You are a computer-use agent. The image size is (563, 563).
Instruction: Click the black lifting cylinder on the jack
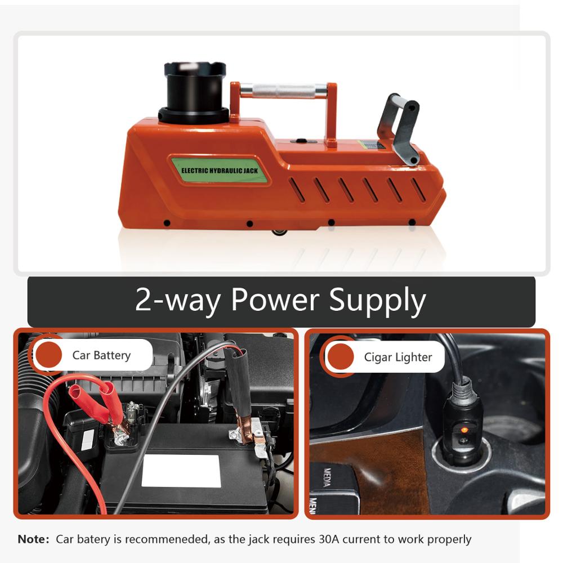tap(194, 93)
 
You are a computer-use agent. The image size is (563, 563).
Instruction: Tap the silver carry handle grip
tap(283, 91)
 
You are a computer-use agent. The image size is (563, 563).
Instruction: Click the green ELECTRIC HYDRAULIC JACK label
tap(220, 170)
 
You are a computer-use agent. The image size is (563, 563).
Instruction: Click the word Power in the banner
tap(275, 300)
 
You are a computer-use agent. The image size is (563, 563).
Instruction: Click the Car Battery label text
tap(101, 355)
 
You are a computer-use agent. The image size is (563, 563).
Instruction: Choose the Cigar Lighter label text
tap(398, 358)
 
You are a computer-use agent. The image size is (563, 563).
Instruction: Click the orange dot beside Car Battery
tap(49, 355)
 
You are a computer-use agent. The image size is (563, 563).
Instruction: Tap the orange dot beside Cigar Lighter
tap(341, 356)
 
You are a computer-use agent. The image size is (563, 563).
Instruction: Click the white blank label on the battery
tap(181, 471)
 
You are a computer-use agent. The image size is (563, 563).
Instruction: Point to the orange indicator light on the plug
tap(464, 430)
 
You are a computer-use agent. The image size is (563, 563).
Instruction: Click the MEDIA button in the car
tap(327, 477)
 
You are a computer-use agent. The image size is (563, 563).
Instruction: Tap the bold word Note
tap(33, 539)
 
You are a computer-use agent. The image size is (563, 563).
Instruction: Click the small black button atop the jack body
tap(301, 141)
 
